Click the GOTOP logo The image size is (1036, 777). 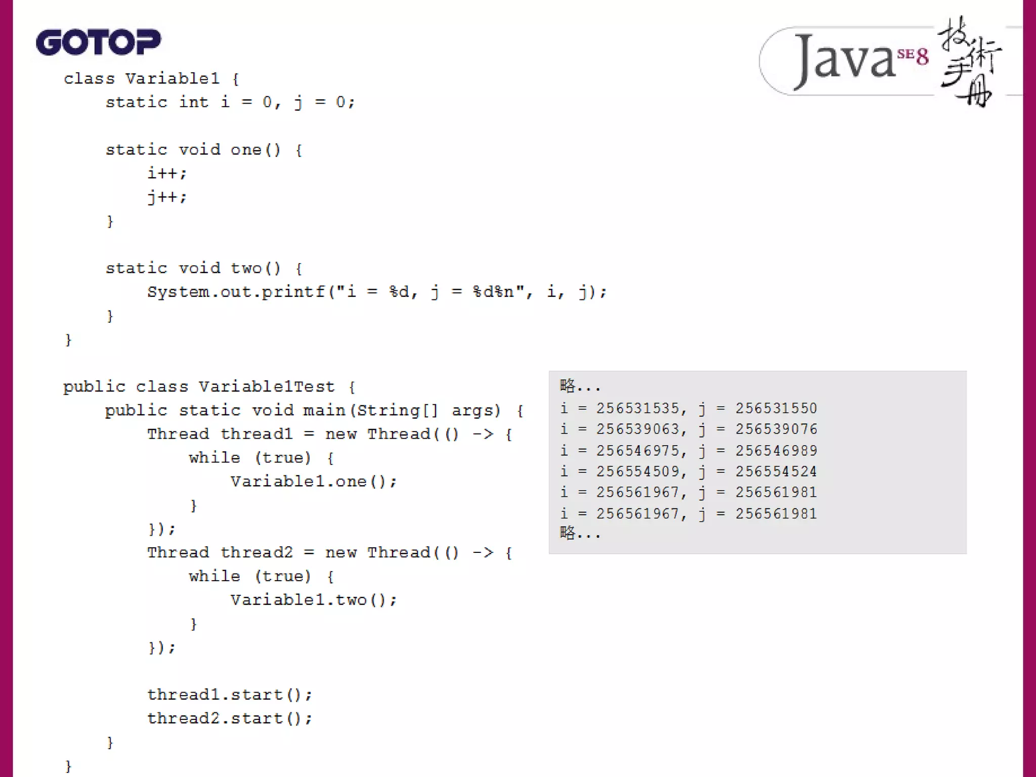tap(98, 41)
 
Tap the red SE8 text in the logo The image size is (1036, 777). tap(913, 55)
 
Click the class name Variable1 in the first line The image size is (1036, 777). tap(172, 78)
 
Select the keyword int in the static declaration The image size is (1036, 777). tap(193, 102)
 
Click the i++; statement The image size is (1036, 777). tap(167, 174)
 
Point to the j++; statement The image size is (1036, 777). tap(167, 197)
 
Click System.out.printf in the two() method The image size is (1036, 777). tap(236, 292)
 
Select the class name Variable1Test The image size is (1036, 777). tap(266, 387)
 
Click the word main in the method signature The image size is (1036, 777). tap(324, 410)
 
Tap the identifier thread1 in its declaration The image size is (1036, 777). tap(256, 434)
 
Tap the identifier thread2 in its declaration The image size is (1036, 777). tap(256, 552)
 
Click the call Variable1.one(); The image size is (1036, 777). tap(314, 482)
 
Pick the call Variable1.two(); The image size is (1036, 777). tap(314, 600)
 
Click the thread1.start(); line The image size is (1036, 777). tap(230, 695)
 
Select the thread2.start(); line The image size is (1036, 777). tap(230, 718)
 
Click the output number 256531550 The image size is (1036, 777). tap(776, 408)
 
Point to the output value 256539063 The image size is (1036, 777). tap(637, 429)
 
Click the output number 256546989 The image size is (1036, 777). tap(776, 450)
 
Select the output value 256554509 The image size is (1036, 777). tap(637, 471)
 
